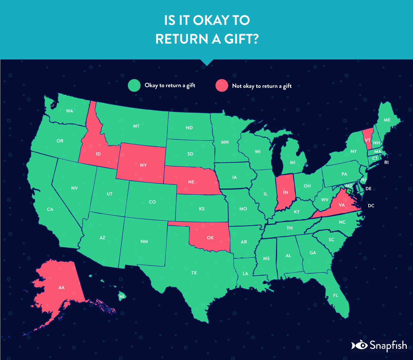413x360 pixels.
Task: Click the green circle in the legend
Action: pos(134,85)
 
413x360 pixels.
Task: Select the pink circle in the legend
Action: pos(222,85)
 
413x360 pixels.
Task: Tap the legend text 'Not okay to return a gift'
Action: pos(262,86)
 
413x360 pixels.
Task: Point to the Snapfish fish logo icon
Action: pos(359,345)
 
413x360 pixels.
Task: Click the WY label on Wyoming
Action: pos(143,165)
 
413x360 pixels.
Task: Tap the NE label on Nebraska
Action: pos(191,182)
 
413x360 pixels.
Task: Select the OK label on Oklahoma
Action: pos(210,238)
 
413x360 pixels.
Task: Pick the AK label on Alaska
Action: pos(62,287)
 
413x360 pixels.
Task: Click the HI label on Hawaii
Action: pos(122,297)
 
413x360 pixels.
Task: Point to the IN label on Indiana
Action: pos(286,193)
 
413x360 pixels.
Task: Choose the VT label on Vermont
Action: pos(368,141)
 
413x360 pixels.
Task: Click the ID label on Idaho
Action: pos(98,154)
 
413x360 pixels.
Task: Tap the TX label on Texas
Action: pos(194,273)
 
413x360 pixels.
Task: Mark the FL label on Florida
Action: pos(336,296)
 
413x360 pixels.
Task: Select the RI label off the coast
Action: pos(386,163)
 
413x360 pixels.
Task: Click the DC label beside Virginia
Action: pos(371,206)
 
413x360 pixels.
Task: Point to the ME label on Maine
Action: pos(387,120)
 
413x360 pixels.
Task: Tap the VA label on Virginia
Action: pos(342,205)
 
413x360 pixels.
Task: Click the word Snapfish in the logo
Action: pos(388,345)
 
